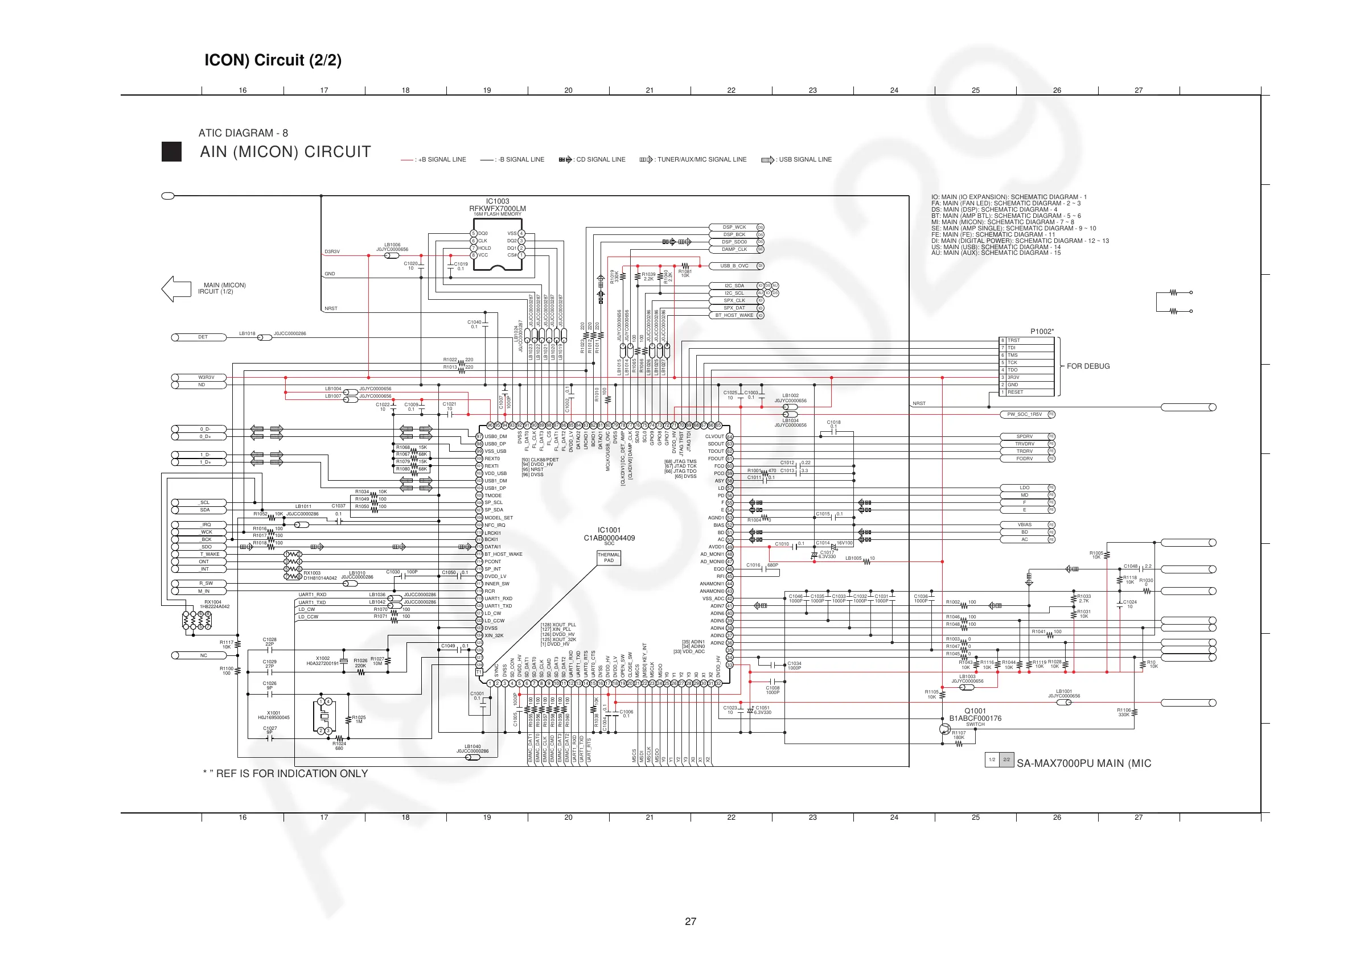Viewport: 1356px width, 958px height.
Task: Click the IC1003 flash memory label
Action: coord(498,202)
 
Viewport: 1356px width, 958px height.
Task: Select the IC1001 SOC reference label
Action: coord(609,530)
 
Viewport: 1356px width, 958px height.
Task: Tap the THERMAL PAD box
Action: coord(609,557)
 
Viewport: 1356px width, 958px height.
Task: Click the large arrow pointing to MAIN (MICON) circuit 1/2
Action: coord(176,288)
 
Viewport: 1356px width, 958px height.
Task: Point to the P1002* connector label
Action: coord(1042,331)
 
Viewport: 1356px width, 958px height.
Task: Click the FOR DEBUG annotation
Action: coord(1088,366)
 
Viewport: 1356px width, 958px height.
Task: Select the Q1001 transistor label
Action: coord(975,711)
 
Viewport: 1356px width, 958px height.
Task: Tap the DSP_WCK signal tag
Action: coord(734,227)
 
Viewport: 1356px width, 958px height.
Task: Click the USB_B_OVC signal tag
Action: coord(734,266)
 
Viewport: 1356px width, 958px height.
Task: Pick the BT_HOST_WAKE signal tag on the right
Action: coord(734,315)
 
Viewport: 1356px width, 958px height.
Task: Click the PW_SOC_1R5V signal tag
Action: coord(1025,414)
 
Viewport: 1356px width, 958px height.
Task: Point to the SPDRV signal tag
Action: coord(1025,437)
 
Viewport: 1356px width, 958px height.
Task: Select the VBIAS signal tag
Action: coord(1025,525)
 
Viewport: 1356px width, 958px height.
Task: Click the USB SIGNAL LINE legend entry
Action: coord(797,159)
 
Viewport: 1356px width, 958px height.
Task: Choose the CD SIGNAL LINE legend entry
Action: coord(593,159)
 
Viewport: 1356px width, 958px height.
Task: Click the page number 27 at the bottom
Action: coord(691,922)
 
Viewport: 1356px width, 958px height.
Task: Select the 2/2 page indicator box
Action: coord(1006,759)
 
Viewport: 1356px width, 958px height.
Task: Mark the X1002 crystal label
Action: coord(322,658)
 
